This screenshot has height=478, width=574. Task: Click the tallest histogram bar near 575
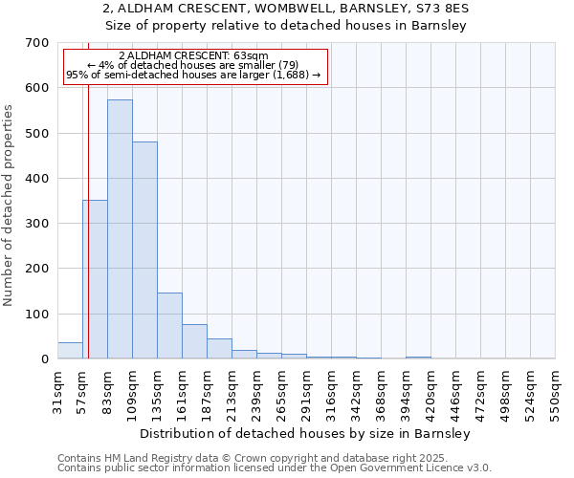coord(120,229)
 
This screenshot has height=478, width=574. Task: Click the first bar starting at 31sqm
coord(70,351)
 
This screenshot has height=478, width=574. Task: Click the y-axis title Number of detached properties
coord(9,205)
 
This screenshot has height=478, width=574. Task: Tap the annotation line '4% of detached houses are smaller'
coord(194,65)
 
